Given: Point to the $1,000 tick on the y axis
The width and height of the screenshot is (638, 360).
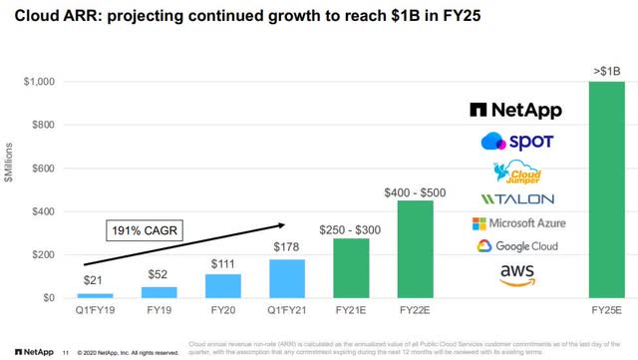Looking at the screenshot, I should coord(45,83).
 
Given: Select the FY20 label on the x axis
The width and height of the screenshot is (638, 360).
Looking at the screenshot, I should coord(222,309).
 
